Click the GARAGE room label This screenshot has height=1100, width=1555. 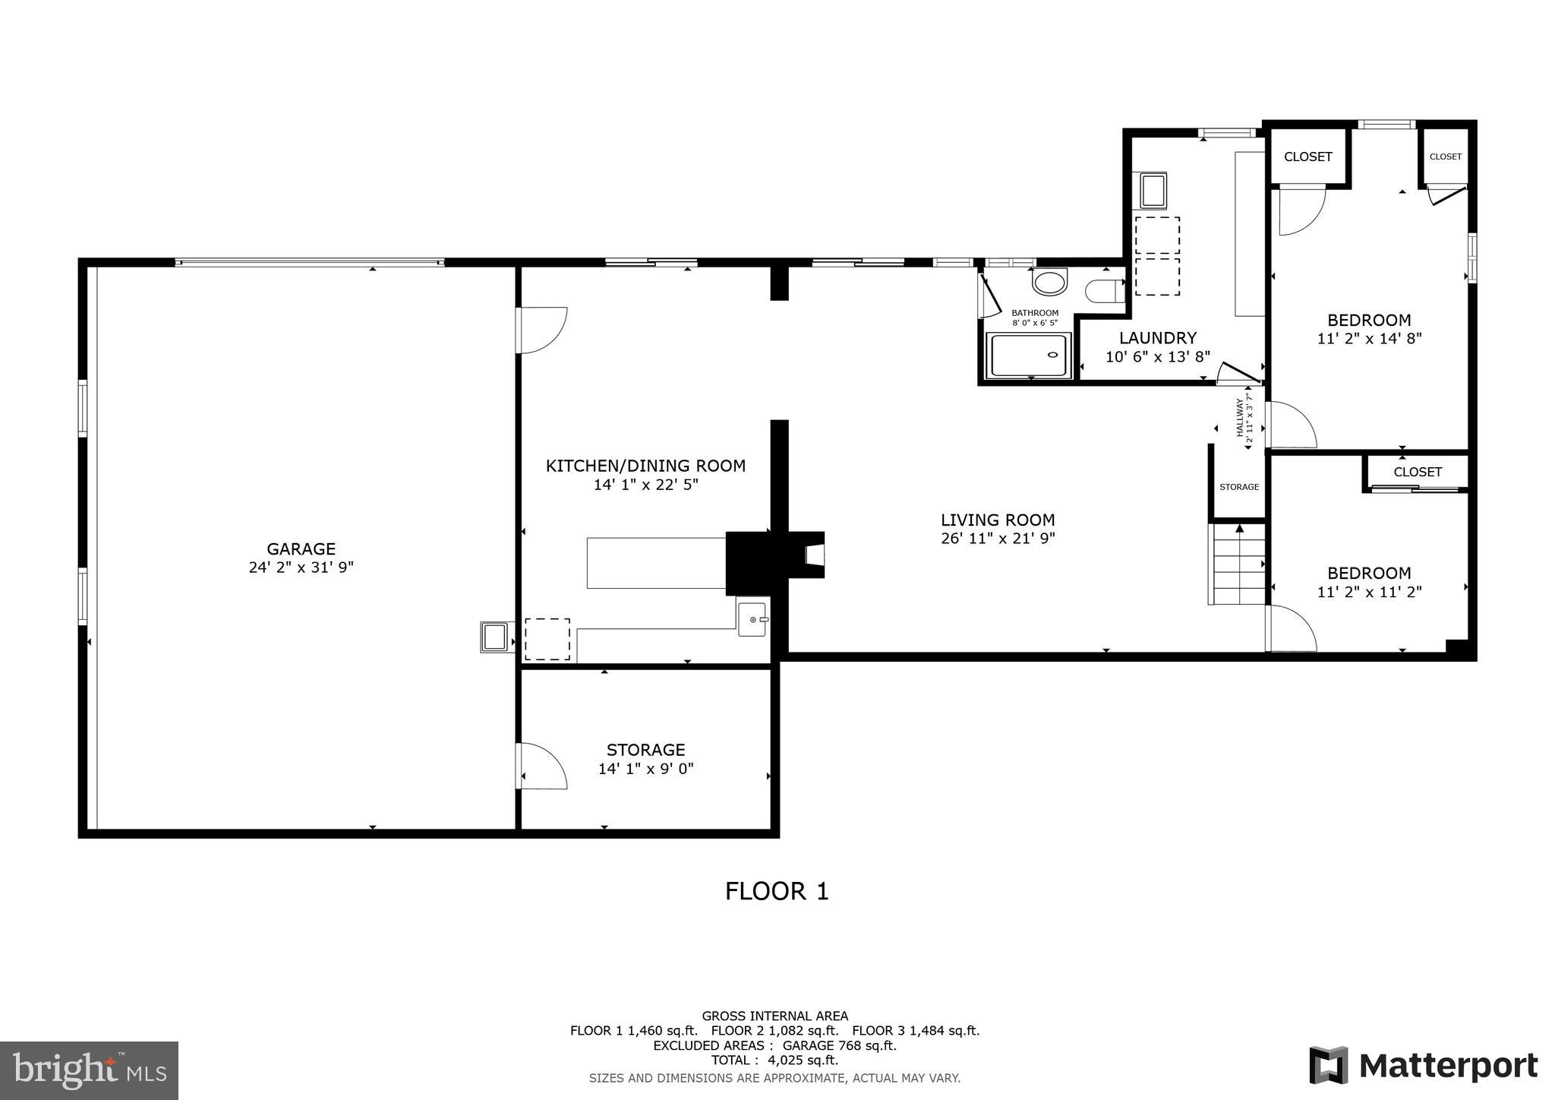click(x=301, y=548)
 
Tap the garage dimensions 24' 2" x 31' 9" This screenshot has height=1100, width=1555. click(x=301, y=567)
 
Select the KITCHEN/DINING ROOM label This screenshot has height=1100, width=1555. click(x=645, y=466)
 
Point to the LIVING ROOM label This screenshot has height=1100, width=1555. click(x=998, y=520)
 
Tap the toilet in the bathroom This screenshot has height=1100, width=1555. click(x=1102, y=291)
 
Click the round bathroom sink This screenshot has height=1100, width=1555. click(x=1049, y=283)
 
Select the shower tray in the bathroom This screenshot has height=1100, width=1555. click(x=1029, y=356)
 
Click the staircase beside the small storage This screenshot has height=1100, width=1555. click(x=1238, y=566)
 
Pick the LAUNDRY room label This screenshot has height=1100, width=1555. click(x=1157, y=338)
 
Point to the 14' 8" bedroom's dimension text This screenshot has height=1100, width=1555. click(x=1369, y=339)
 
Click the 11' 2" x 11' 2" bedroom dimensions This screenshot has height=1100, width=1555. click(x=1369, y=592)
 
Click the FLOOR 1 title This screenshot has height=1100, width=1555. click(x=776, y=891)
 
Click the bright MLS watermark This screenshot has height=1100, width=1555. click(x=89, y=1070)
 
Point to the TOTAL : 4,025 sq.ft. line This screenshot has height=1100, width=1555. click(x=774, y=1060)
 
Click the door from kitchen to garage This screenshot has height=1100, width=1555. click(x=541, y=330)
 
